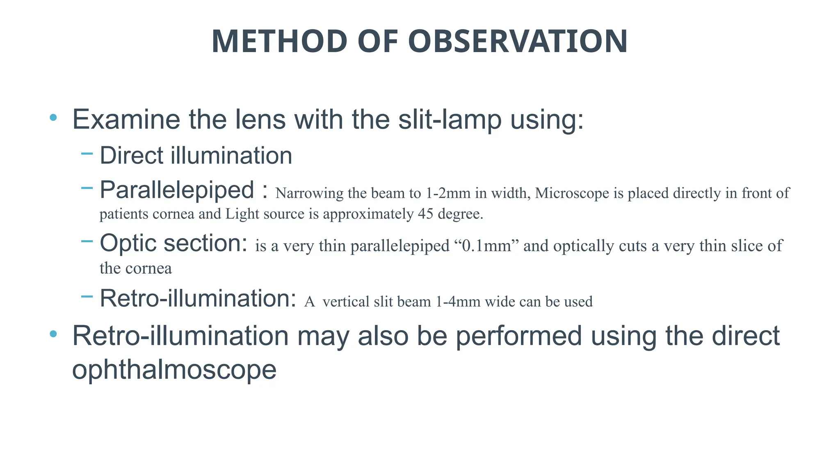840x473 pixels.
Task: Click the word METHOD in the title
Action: (x=279, y=41)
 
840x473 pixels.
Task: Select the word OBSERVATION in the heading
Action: (x=518, y=41)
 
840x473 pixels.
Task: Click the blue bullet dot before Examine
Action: (x=53, y=118)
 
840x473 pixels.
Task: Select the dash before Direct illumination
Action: (x=87, y=154)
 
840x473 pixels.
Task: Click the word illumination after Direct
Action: (x=231, y=156)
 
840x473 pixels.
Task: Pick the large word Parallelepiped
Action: (x=177, y=190)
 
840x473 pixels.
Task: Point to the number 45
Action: (x=426, y=214)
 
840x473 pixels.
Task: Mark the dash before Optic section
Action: (x=87, y=241)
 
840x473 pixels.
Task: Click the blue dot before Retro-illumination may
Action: (x=53, y=334)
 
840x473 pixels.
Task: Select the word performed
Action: (x=519, y=336)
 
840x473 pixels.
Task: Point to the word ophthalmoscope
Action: (x=174, y=370)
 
